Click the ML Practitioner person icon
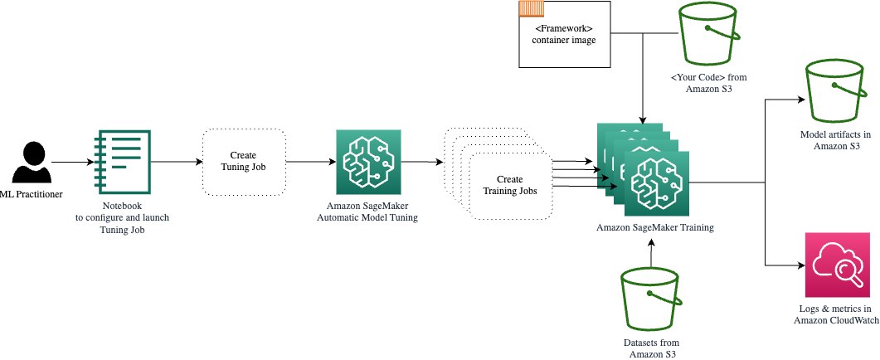point(32,163)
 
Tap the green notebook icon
point(123,162)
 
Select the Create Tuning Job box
point(244,161)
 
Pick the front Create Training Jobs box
point(509,185)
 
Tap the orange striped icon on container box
point(531,9)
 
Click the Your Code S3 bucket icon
point(708,33)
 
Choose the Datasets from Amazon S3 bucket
point(652,300)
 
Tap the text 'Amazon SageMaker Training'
point(654,227)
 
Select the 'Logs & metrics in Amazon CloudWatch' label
point(835,314)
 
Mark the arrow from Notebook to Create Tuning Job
point(176,162)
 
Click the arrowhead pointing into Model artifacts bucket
point(801,99)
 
